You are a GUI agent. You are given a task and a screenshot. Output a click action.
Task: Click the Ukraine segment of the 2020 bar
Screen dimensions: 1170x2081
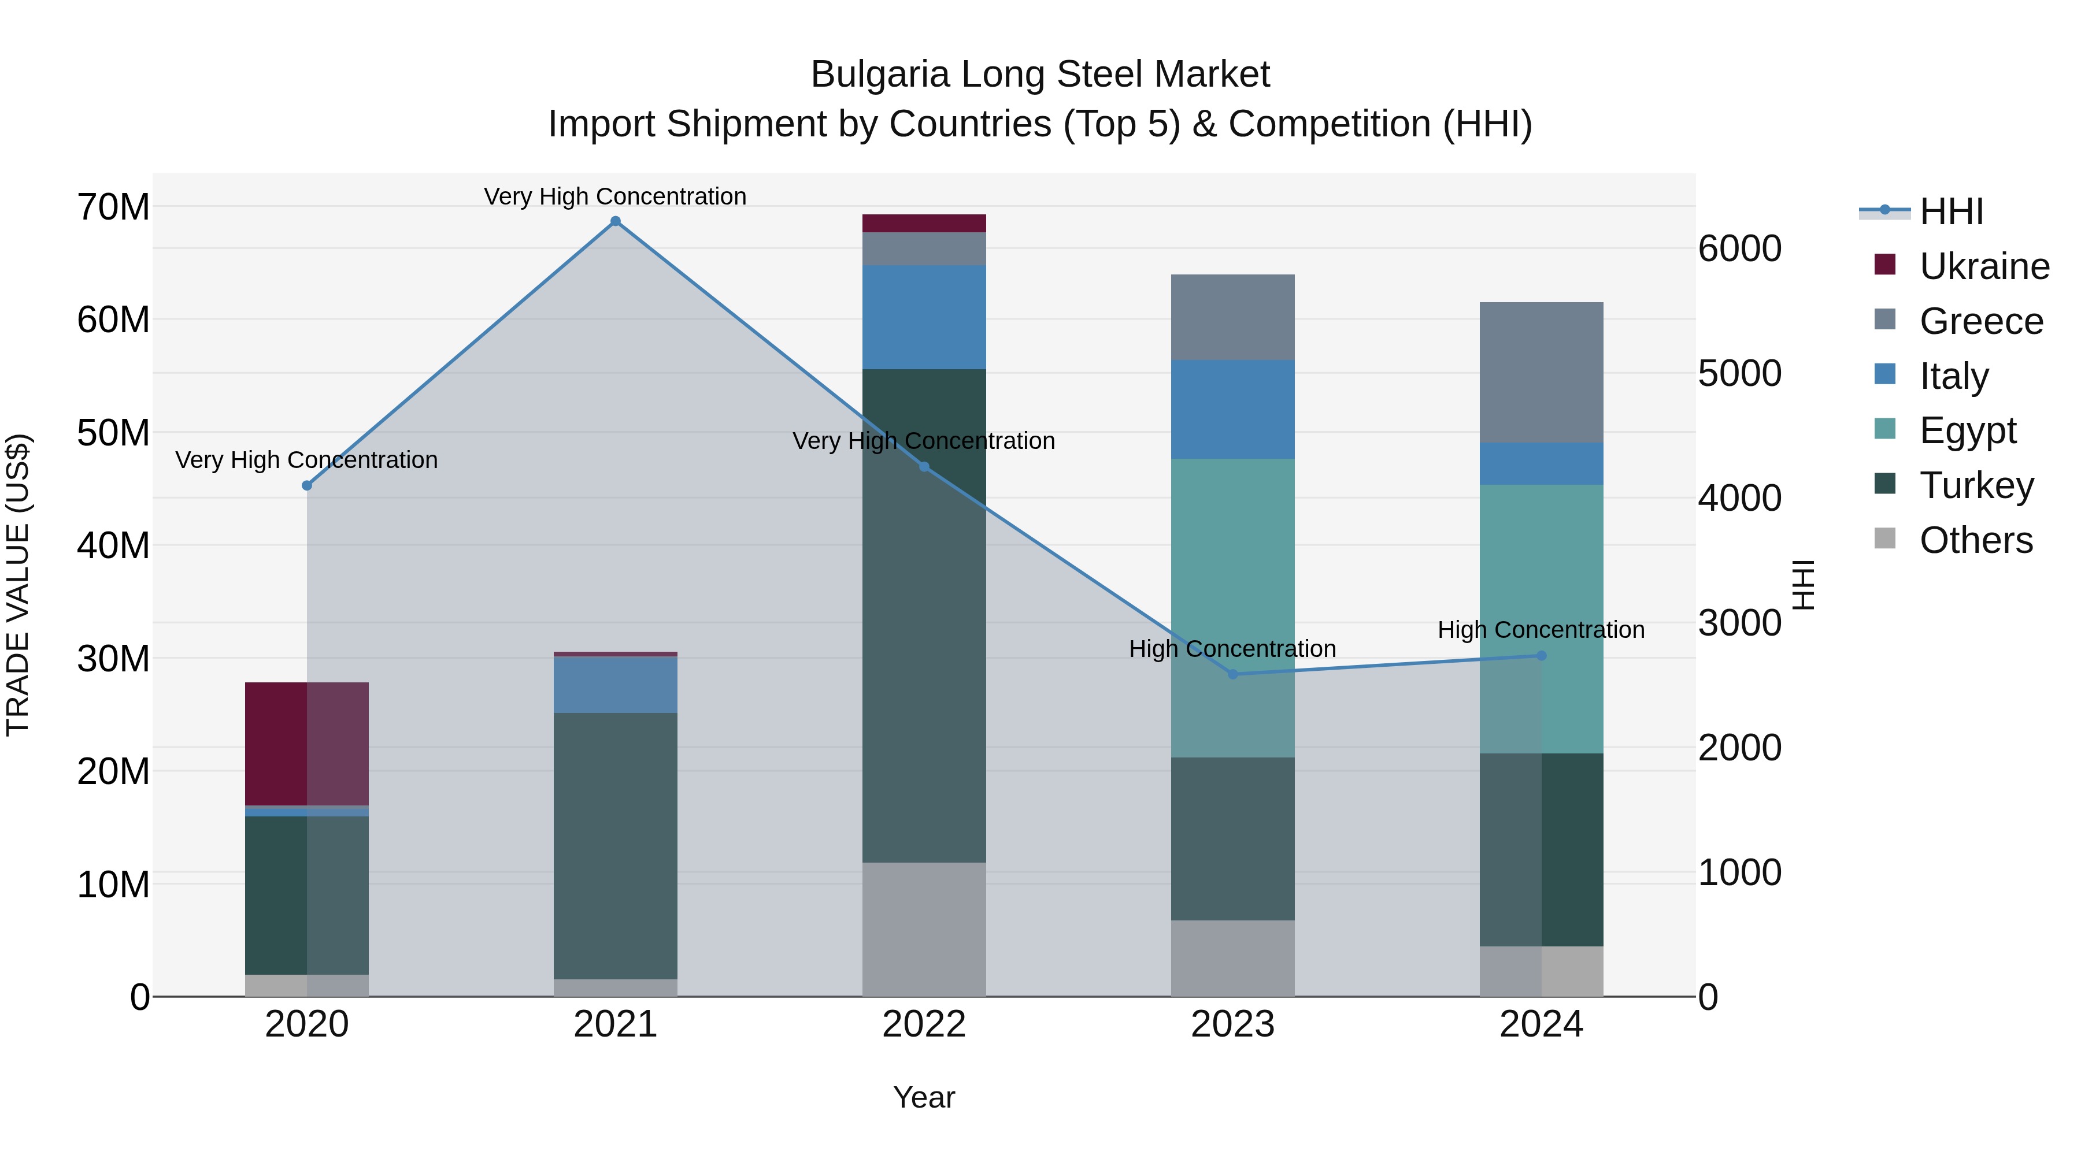(x=306, y=744)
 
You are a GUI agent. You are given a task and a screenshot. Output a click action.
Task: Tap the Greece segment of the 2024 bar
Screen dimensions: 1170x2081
(x=1541, y=372)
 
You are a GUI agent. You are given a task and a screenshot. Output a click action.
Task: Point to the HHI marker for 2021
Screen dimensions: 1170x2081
(x=615, y=221)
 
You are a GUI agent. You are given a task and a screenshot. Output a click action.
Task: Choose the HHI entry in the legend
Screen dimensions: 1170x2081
(x=1950, y=211)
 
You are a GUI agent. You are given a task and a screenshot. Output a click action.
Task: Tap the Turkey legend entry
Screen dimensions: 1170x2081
(x=1975, y=485)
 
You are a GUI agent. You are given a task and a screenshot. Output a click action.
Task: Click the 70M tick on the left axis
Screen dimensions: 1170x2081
(x=113, y=207)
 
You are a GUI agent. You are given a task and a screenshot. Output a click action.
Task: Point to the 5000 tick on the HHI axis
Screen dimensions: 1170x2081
(x=1739, y=373)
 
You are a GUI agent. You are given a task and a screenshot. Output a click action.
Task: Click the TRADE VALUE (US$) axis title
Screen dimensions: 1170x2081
(x=18, y=585)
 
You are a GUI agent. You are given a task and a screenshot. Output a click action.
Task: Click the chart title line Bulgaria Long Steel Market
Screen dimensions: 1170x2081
(x=1040, y=75)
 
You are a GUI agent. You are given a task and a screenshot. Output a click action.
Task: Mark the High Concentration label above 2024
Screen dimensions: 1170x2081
(x=1541, y=630)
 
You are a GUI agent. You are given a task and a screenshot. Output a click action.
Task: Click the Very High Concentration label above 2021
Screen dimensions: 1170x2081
(x=615, y=196)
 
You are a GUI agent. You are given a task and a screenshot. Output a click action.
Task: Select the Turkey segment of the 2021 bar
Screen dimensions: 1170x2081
(x=615, y=845)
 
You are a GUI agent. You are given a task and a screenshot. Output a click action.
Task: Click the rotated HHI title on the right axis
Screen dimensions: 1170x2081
(x=1802, y=585)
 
